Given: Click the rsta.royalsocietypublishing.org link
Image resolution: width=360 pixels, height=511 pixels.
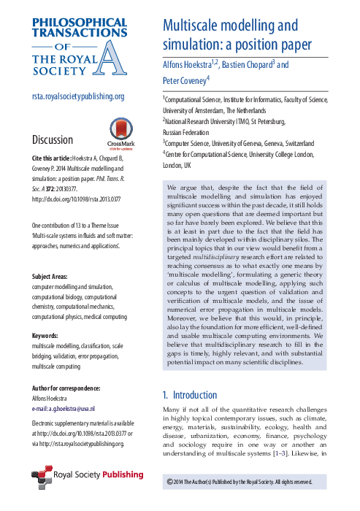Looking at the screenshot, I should [77, 96].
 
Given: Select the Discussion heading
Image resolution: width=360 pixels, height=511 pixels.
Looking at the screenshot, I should [53, 139].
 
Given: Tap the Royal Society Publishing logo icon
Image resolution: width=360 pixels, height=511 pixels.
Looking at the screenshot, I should [43, 454].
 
